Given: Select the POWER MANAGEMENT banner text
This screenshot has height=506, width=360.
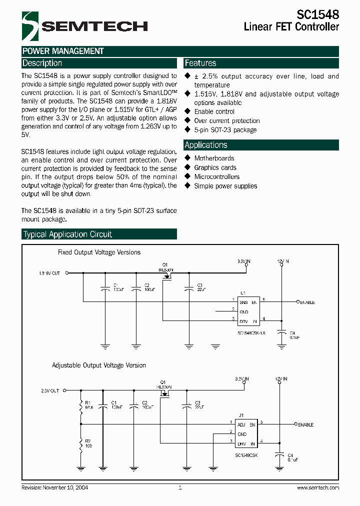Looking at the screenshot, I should coord(63,51).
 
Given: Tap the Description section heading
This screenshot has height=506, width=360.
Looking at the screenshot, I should coord(42,63).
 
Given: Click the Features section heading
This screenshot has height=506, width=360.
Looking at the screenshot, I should coord(200,63).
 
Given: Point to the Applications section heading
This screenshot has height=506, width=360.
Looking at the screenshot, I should coord(206,145).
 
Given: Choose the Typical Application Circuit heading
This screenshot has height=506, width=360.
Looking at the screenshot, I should coord(67,234).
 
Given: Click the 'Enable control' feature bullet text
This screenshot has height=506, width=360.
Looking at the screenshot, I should coord(214,111).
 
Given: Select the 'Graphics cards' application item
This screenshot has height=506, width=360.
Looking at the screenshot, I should coord(215,167).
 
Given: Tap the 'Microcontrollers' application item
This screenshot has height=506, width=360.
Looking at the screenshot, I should coord(216,176).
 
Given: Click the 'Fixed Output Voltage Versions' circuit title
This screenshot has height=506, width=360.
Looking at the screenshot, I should coord(99,252).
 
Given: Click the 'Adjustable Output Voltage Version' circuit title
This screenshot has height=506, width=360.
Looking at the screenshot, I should coord(99,365).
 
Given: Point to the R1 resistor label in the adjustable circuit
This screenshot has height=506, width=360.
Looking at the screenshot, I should coord(88,402).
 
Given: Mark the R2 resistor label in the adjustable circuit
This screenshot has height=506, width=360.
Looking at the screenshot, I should coord(88,441).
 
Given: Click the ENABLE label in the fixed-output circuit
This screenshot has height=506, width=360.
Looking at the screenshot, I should coord(307,302).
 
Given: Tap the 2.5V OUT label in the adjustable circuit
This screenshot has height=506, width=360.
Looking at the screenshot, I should coord(50,390).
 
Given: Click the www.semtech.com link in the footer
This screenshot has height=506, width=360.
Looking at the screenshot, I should coord(317,487).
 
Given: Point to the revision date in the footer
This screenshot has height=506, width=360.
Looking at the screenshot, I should coord(55,487).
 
